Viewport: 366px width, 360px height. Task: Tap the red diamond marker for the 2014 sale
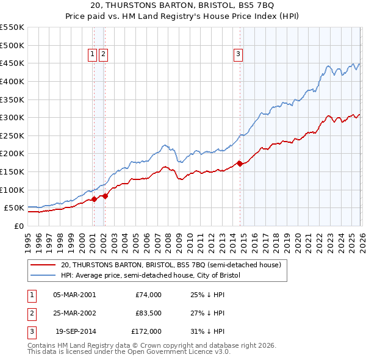pyautogui.click(x=240, y=164)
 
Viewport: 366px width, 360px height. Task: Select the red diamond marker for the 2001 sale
pyautogui.click(x=94, y=199)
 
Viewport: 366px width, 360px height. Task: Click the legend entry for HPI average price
pyautogui.click(x=151, y=276)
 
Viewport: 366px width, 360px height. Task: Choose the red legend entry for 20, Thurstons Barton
pyautogui.click(x=171, y=265)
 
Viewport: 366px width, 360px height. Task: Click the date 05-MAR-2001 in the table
pyautogui.click(x=74, y=295)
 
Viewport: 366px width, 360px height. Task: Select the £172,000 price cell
pyautogui.click(x=146, y=331)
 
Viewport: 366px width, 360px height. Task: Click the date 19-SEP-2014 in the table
pyautogui.click(x=74, y=331)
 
